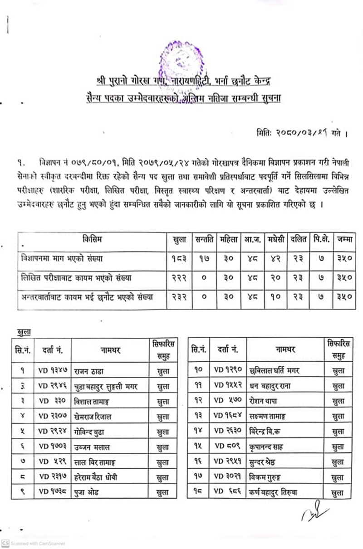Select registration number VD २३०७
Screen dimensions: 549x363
53,416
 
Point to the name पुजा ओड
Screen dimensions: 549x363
86,491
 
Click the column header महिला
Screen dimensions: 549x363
228,239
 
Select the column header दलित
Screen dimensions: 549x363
298,239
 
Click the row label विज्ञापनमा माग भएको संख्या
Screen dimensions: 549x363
62,259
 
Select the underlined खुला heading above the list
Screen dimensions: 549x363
24,332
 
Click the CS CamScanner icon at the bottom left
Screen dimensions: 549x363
5,543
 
